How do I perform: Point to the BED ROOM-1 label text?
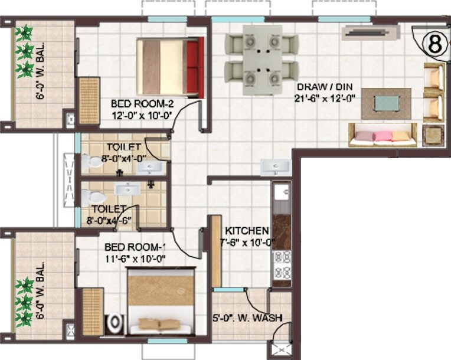[x=135, y=247]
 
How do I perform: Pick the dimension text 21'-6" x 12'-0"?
[x=325, y=99]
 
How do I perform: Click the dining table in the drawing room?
[x=262, y=59]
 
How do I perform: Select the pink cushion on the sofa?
[x=383, y=136]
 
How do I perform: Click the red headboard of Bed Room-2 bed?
[x=194, y=67]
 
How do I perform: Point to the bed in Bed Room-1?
[x=161, y=301]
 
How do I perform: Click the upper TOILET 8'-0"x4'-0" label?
[x=124, y=152]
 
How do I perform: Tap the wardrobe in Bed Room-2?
[x=89, y=100]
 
